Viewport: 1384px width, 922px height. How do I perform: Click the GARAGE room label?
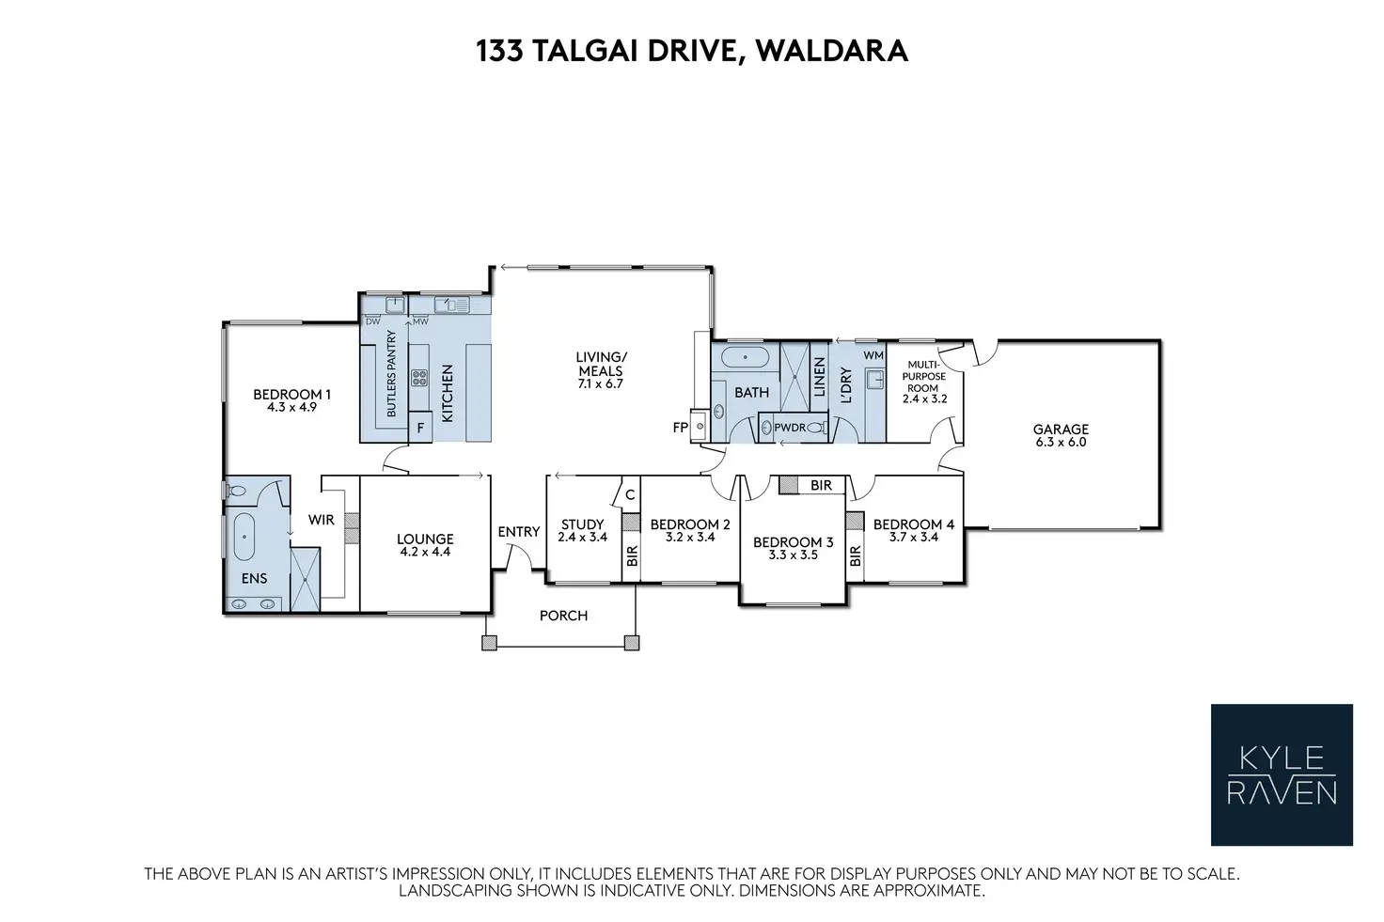coord(1061,430)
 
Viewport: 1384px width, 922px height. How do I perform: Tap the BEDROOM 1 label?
coord(291,395)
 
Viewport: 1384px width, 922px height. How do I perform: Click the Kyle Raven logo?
coord(1282,774)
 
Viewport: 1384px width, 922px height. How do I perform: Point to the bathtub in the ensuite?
coord(244,538)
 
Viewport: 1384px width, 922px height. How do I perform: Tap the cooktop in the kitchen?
coord(418,379)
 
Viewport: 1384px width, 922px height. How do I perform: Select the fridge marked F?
coord(420,428)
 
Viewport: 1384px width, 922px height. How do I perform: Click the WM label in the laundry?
coord(873,355)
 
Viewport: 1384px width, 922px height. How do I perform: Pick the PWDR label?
coord(790,428)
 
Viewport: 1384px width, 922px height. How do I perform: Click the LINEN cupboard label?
coord(819,377)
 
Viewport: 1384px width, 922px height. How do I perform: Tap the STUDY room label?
coord(582,524)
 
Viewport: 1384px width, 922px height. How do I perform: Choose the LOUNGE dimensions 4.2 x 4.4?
coord(425,553)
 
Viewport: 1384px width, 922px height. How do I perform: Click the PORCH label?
coord(563,616)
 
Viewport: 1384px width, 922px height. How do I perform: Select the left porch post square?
coord(489,643)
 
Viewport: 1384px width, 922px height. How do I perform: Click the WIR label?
coord(322,519)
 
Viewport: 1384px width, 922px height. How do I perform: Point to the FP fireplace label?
coord(681,428)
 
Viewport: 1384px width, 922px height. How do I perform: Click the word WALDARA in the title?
coord(832,50)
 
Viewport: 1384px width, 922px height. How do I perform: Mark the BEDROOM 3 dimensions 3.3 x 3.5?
coord(793,555)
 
